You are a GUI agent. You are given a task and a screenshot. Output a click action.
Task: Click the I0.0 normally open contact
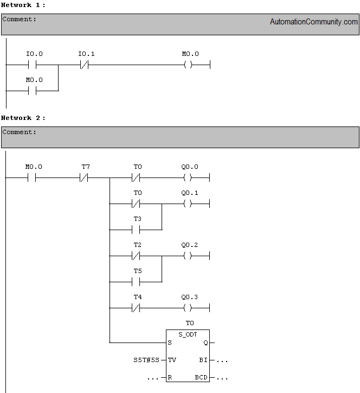click(32, 65)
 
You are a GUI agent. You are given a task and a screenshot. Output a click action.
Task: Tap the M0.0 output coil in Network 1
click(188, 65)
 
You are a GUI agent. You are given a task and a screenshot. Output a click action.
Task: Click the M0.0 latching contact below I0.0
click(32, 91)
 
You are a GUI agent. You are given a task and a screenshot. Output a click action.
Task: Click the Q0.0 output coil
click(188, 178)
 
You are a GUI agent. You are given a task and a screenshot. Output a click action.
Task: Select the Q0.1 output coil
click(188, 204)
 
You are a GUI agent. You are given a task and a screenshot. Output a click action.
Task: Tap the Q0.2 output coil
click(188, 256)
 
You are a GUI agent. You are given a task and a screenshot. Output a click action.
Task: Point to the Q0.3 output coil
click(188, 308)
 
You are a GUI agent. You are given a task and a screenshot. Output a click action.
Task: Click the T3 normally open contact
click(136, 230)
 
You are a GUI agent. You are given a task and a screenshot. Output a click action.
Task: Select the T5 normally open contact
click(136, 282)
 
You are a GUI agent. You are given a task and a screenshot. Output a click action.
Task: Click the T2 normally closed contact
click(136, 256)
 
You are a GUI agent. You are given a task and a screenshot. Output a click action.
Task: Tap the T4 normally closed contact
click(136, 308)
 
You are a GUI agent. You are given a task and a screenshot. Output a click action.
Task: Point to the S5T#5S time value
click(146, 360)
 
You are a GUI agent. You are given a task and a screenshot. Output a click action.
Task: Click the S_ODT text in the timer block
click(188, 334)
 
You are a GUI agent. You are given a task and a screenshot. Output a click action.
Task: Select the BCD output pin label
click(201, 377)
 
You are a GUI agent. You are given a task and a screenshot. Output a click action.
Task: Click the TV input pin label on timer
click(172, 360)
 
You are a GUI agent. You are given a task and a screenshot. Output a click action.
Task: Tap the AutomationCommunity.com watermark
click(314, 22)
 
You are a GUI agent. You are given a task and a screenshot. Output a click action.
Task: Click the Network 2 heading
click(23, 118)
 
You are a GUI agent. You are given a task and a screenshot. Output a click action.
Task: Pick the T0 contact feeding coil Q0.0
click(136, 178)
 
